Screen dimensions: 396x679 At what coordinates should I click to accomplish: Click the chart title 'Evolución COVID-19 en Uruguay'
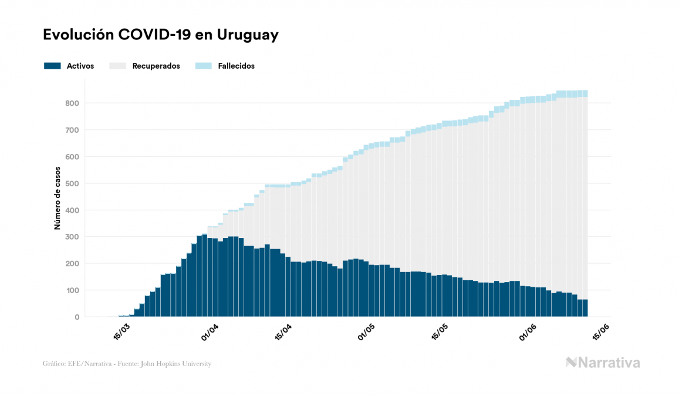pos(160,35)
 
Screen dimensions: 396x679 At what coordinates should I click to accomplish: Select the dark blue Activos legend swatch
pos(52,66)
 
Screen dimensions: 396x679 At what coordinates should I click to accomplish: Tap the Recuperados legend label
pos(156,66)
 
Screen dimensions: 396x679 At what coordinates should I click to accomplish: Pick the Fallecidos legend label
pos(236,66)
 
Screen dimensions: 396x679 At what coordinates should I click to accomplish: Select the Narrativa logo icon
pos(571,363)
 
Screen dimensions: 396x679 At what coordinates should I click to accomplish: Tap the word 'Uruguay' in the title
pos(248,35)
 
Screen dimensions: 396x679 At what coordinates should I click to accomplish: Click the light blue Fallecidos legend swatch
pos(204,66)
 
